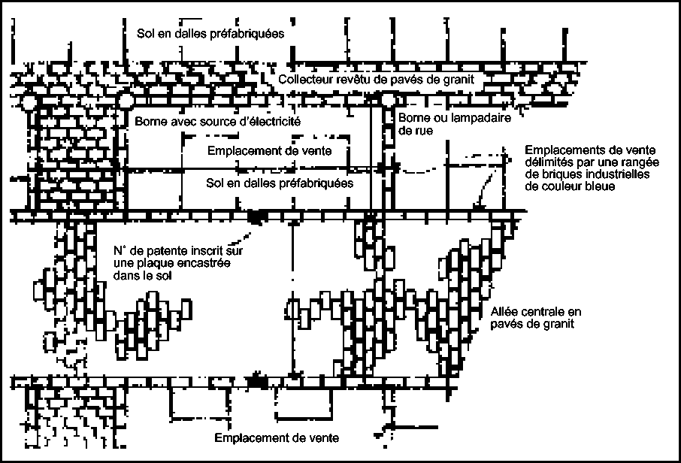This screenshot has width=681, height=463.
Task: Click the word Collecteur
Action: pos(302,80)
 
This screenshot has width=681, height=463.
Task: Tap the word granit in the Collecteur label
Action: pos(457,80)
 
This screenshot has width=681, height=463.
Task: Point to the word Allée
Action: pos(502,311)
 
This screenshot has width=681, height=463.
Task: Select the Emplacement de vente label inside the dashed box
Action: pos(268,150)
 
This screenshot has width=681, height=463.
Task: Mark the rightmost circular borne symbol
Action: pos(386,100)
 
